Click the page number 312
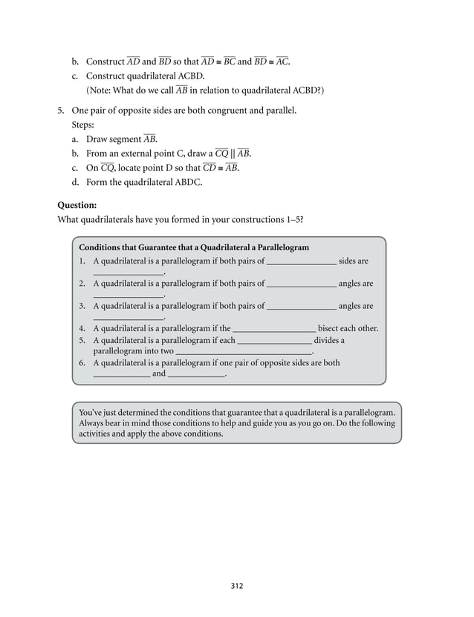(236, 585)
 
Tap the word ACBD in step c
(187, 76)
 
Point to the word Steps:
(84, 125)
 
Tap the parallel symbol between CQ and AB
(232, 153)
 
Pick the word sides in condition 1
(348, 261)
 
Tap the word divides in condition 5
(329, 340)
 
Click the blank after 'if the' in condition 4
(275, 328)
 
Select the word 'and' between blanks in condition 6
(159, 373)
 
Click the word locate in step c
(132, 168)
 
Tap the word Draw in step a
(97, 139)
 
